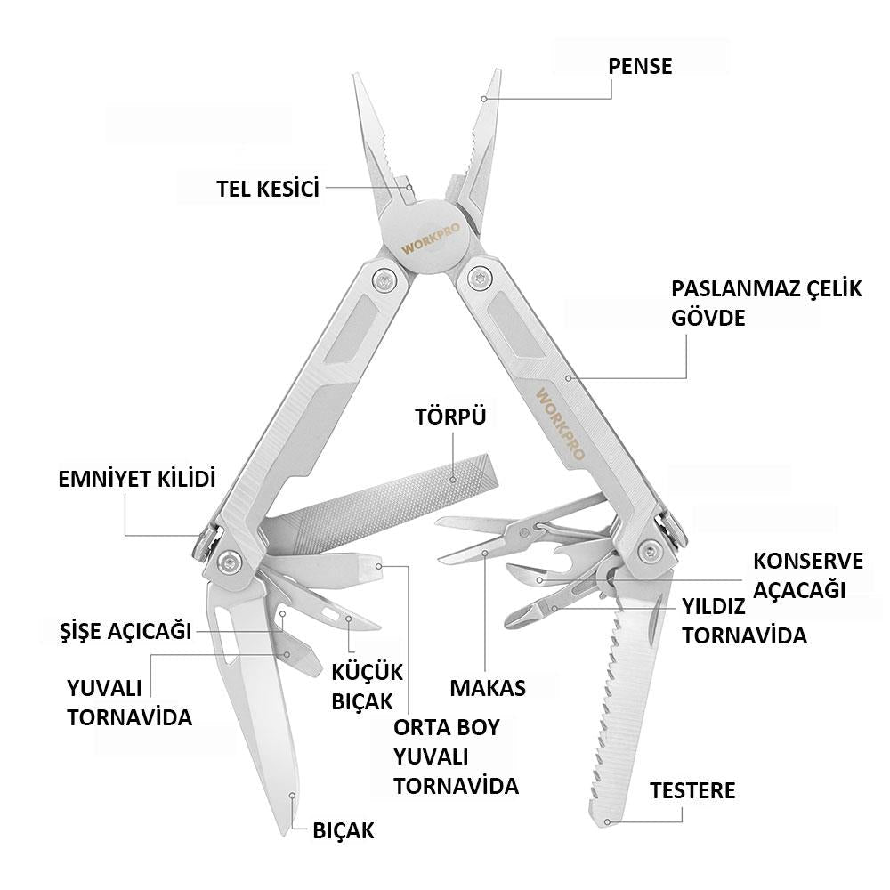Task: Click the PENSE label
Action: [640, 66]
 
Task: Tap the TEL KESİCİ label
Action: [268, 189]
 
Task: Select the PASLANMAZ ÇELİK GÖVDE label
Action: [766, 303]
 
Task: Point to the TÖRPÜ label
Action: [450, 416]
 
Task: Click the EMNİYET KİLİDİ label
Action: [137, 479]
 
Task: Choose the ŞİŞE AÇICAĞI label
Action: [125, 631]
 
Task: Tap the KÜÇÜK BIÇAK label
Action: [367, 687]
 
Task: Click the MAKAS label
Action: [488, 688]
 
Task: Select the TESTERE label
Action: [692, 790]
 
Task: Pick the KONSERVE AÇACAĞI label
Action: [808, 576]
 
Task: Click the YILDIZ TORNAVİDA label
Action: [744, 621]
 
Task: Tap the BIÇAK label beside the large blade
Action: [344, 830]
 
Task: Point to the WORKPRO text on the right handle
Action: [560, 424]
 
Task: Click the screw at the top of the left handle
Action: [383, 279]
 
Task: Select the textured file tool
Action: [380, 508]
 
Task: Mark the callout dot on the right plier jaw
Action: [483, 99]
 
